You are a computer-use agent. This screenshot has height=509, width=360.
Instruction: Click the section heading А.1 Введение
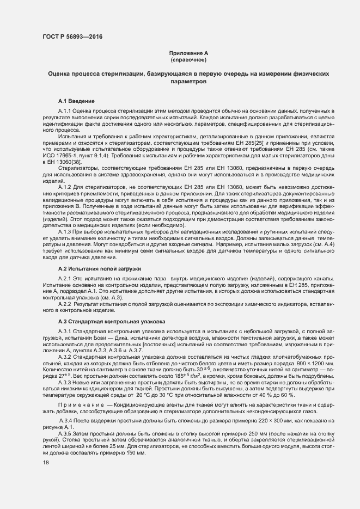tap(77, 102)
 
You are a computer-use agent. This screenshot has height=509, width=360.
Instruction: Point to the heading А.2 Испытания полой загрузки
tap(100, 269)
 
